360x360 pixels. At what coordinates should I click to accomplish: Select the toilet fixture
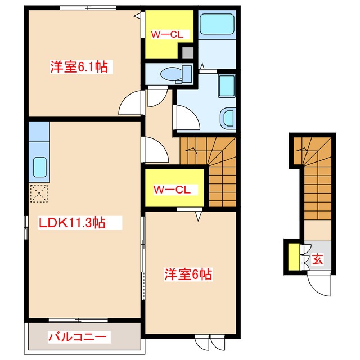point(172,73)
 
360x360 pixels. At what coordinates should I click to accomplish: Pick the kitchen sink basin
point(40,167)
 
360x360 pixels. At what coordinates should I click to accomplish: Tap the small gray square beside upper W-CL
point(187,52)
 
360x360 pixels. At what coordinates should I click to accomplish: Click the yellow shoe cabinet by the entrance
point(292,256)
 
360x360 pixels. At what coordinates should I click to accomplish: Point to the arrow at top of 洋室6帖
point(199,215)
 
